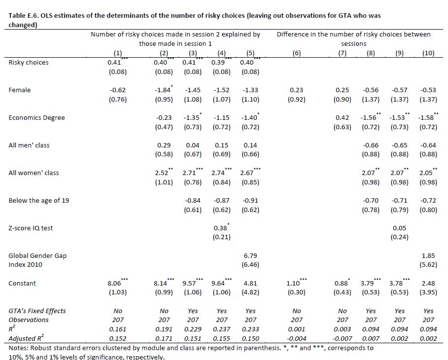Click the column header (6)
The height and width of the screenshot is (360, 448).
296,53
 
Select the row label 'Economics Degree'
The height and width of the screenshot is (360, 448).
37,118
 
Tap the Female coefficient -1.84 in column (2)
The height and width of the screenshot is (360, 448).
164,90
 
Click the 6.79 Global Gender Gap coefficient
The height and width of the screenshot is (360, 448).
250,256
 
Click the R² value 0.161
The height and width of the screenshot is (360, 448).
117,329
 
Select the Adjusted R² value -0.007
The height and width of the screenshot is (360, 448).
343,338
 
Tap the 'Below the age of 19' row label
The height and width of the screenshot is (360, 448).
39,201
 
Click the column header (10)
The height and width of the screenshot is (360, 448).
428,53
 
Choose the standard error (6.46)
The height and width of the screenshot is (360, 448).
250,265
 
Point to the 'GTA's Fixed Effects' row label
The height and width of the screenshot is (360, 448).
37,311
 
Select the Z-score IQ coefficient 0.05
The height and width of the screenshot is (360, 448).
400,228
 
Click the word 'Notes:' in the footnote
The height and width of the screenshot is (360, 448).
18,348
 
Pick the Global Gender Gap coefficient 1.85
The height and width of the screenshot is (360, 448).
428,256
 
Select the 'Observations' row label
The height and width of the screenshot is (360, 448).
28,320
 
